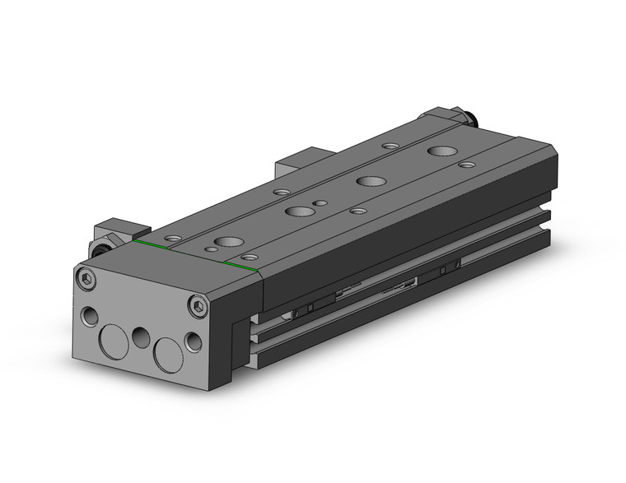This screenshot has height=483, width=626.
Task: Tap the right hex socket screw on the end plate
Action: [196, 307]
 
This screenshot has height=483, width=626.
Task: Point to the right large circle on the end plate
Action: [169, 351]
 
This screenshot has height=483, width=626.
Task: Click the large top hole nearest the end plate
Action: [225, 243]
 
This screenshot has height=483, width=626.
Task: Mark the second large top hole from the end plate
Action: [295, 211]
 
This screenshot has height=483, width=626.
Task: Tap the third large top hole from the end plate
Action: [367, 180]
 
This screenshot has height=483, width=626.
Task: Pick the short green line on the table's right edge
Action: [243, 267]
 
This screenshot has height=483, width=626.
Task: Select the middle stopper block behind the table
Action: [300, 160]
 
